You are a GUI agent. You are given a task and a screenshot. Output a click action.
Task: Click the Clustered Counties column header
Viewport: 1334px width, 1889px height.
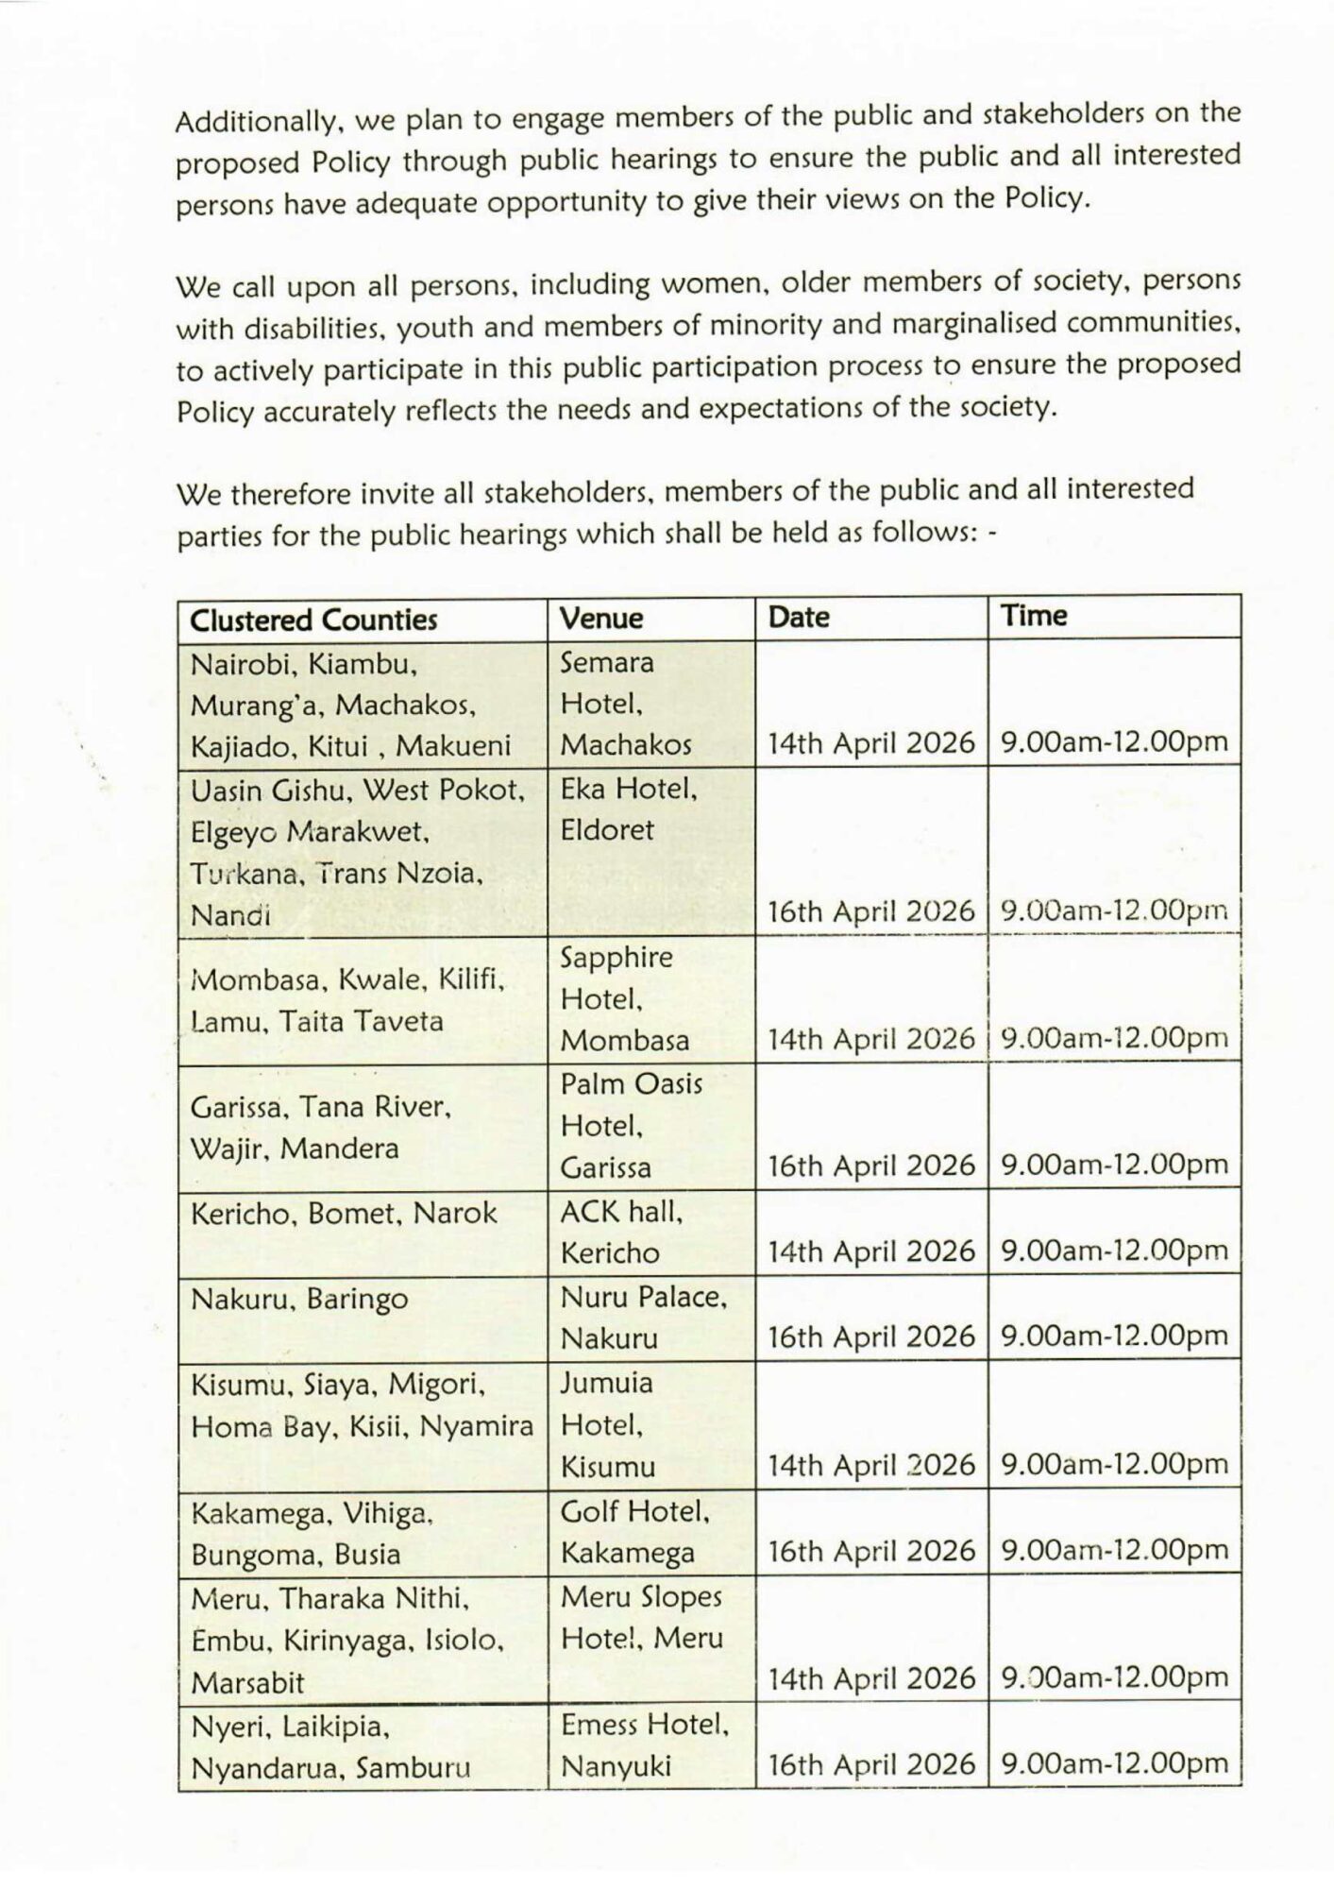pos(313,620)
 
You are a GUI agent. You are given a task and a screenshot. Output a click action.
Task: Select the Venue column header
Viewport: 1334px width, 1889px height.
pos(601,619)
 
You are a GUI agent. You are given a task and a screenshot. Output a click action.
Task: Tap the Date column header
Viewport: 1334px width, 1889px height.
pos(799,617)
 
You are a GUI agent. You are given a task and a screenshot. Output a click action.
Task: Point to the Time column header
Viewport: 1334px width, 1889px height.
pos(1034,616)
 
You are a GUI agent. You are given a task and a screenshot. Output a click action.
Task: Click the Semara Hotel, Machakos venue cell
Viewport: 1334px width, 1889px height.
pos(626,704)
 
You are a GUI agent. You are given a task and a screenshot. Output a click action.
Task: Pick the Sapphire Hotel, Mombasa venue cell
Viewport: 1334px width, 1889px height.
pos(626,998)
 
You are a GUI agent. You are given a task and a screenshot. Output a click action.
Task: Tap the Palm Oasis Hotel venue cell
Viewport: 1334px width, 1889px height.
pos(631,1125)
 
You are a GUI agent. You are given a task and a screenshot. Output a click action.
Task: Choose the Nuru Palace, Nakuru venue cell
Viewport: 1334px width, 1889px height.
pos(643,1318)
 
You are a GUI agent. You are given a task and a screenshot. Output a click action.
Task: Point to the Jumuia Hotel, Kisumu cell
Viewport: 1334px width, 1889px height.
pos(607,1424)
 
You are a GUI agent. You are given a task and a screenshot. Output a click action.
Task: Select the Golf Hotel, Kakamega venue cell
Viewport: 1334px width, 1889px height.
pos(634,1532)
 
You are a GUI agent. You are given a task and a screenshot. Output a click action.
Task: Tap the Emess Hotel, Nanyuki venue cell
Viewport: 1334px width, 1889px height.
pos(645,1744)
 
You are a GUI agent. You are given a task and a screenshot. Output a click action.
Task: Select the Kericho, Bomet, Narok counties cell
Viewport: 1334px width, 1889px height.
pos(344,1214)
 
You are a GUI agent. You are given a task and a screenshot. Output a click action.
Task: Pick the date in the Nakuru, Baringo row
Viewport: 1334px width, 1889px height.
pos(870,1336)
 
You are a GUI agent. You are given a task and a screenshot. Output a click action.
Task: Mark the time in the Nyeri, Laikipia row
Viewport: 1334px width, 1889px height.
pos(1114,1763)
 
